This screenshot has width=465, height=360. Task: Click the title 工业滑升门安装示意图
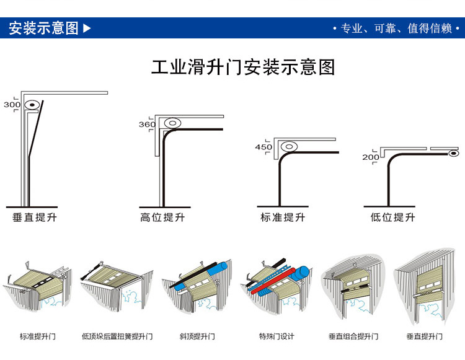click(243, 67)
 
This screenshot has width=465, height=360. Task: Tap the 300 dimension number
click(12, 105)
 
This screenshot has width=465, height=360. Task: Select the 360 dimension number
click(147, 125)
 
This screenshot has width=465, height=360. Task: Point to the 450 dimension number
click(263, 147)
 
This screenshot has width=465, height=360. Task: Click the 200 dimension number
click(371, 157)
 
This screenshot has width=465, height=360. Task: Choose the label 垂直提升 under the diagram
click(35, 217)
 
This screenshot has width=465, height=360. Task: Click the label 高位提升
click(162, 217)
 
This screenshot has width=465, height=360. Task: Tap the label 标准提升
click(283, 217)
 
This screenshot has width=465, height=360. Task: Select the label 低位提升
click(392, 217)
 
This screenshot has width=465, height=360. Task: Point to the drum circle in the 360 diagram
click(172, 123)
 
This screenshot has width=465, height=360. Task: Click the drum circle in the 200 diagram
click(454, 152)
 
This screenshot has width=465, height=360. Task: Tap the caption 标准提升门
click(37, 336)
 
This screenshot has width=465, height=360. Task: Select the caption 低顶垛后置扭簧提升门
click(117, 336)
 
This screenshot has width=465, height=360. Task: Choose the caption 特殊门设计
click(277, 336)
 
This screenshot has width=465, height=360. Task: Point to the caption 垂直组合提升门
click(353, 336)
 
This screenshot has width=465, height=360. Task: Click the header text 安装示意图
click(43, 28)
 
